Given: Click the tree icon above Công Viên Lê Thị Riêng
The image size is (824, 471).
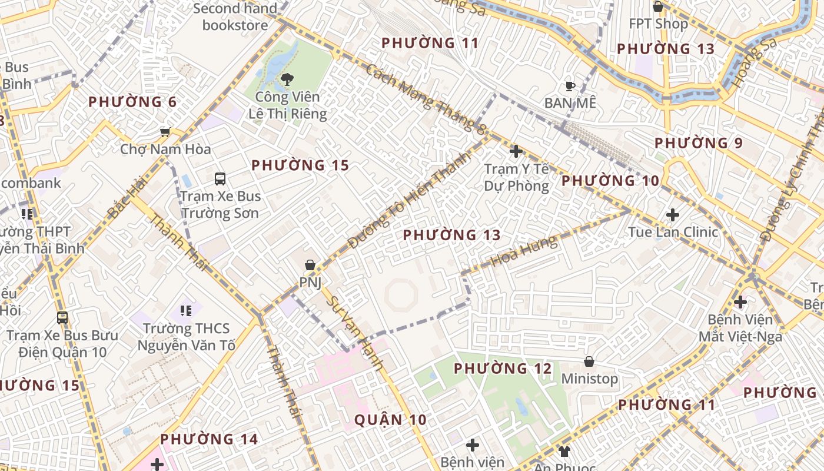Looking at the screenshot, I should pos(287,79).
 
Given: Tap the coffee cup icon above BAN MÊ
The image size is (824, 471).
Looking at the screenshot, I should pos(570,87).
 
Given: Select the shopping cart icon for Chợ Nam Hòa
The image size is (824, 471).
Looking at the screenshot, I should pos(165,132).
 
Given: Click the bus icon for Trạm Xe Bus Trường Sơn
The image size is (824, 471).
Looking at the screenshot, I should pos(220,179).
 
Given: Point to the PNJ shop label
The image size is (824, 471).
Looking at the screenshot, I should pos(310,283).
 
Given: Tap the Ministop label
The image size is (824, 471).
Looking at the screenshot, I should pos(589,379).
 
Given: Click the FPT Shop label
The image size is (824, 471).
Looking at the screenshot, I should pos(658,24).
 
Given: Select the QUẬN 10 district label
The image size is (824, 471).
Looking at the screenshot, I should pos(390,420).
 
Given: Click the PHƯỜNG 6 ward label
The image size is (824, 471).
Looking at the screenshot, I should pos(132,102).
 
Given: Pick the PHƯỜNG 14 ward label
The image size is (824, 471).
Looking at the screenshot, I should pos(209,439).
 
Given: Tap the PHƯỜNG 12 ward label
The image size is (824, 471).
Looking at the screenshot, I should pos(503,369).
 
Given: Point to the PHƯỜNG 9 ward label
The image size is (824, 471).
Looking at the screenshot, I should pos(699,143).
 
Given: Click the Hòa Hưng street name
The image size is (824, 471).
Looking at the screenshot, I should pos(524,251).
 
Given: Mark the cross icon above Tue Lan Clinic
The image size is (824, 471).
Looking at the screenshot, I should pos(673,215).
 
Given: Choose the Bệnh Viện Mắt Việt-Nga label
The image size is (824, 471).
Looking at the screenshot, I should pos(740,328).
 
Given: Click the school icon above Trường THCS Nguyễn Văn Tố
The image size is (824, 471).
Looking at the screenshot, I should pos(186,310).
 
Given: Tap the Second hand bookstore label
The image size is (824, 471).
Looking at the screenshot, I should pos(235,16).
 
